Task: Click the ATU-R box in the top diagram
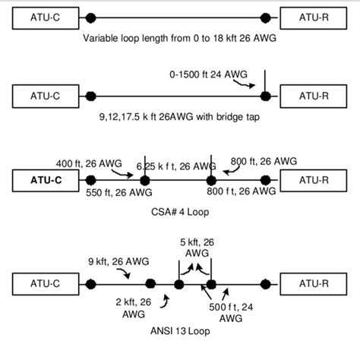(313, 17)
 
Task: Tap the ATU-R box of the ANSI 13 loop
(313, 286)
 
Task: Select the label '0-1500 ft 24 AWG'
(209, 74)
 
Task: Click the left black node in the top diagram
(91, 17)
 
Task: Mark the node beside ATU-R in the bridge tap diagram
(265, 96)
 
